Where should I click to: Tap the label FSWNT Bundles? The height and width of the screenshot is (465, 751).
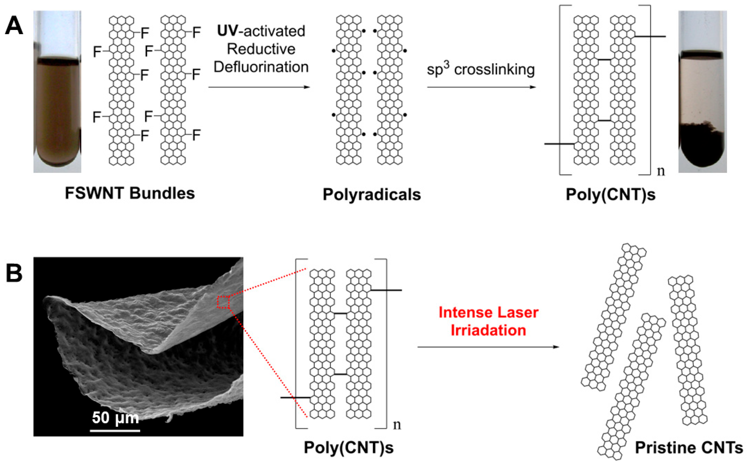pos(130,193)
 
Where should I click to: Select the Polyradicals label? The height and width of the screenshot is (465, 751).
pos(371,194)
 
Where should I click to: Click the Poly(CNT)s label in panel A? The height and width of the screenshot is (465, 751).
pos(611,194)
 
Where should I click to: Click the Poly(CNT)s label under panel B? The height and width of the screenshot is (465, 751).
pos(348,448)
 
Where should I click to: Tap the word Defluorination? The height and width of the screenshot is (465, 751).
pos(261,67)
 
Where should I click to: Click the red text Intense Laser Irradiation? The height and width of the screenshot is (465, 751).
pos(488,321)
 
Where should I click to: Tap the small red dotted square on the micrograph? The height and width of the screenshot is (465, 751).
pos(223,302)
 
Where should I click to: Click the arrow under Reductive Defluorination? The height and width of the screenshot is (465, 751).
pos(259,87)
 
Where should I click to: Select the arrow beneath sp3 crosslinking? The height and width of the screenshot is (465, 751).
pos(481,87)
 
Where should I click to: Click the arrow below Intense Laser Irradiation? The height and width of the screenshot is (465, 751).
pos(488,347)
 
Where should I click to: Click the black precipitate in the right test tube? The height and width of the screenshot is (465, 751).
pos(702,148)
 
